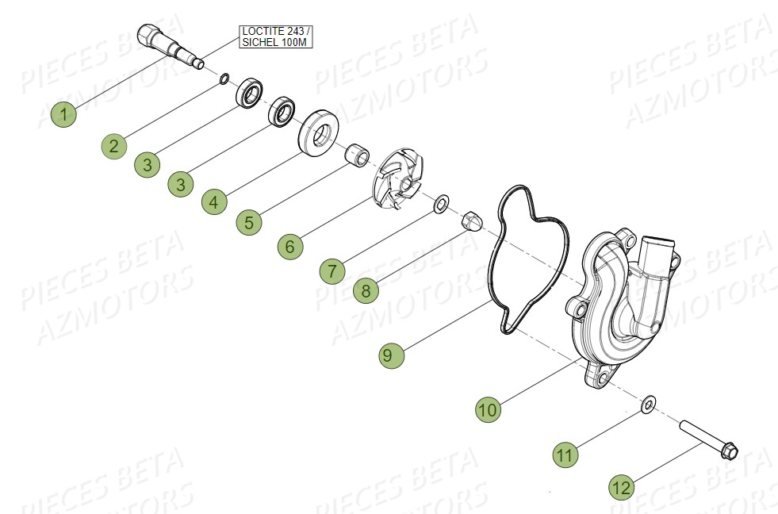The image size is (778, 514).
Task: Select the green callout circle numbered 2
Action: coord(114,144)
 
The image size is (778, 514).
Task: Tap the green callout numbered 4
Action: coord(213,202)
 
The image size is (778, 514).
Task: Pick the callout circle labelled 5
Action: coord(249,222)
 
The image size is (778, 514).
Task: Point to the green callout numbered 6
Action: coord(290,247)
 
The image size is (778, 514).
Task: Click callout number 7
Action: coord(332,270)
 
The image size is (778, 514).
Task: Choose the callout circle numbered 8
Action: coord(366,290)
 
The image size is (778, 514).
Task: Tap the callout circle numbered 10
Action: coord(488,409)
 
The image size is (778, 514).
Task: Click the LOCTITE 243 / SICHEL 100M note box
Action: coord(275,36)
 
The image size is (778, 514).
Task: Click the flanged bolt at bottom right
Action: coord(708,440)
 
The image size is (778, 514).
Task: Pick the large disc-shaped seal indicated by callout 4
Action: coord(322,132)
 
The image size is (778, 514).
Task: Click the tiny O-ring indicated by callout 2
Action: coord(224,78)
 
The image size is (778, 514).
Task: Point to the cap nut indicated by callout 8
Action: coord(470,219)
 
